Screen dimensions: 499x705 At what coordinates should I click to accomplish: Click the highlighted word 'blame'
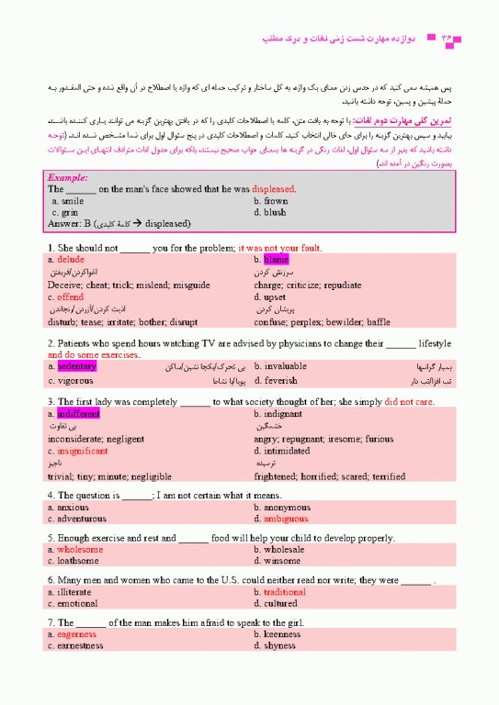276,260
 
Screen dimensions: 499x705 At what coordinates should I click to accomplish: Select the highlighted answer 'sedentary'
76,366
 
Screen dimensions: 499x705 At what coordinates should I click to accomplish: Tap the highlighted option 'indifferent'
76,414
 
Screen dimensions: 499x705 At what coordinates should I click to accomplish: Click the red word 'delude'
71,260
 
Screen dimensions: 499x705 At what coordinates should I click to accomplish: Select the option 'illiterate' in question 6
75,592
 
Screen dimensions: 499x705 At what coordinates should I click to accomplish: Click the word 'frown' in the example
276,200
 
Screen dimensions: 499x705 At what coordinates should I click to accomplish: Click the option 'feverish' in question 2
280,380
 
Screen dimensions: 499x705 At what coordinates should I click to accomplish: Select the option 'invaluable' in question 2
286,366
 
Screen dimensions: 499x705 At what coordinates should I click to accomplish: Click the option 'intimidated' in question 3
286,451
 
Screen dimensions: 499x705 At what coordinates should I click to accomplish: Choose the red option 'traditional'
285,592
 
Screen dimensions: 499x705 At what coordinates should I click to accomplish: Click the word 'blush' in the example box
275,212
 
